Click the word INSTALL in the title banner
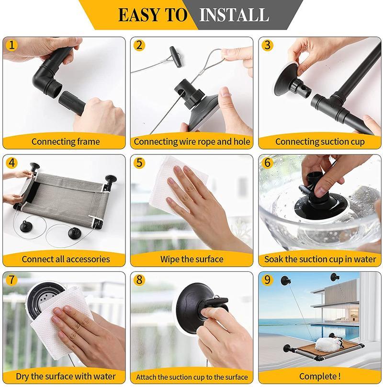tap(234, 15)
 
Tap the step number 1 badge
tap(11, 45)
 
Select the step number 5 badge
tap(139, 163)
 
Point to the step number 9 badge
tap(268, 280)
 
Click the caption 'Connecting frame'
tap(66, 141)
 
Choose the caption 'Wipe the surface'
tap(192, 259)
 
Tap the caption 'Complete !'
tap(320, 376)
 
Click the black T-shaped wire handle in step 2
tap(176, 57)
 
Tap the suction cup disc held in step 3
tap(286, 79)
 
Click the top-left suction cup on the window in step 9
tap(286, 281)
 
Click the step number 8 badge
tap(139, 280)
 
